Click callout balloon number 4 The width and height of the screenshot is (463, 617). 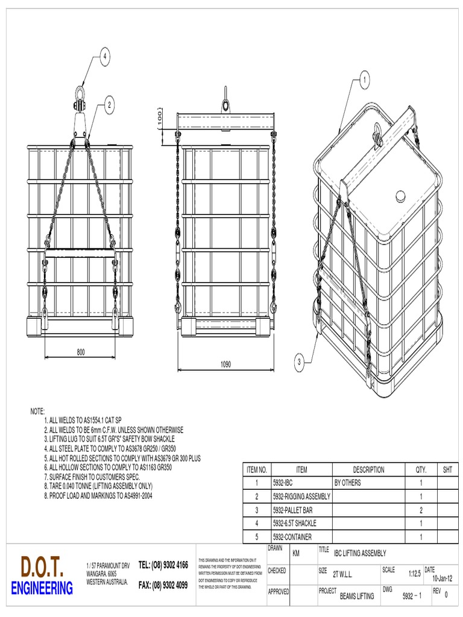[104, 57]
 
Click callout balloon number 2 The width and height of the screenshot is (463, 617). [109, 105]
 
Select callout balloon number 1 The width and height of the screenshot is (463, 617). [364, 78]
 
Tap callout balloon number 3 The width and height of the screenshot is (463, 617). [299, 362]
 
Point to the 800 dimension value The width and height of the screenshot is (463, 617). [80, 351]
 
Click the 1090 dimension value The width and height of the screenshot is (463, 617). [225, 365]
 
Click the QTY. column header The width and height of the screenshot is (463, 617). [420, 469]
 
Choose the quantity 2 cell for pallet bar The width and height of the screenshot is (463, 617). [420, 510]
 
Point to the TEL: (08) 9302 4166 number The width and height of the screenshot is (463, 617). [163, 565]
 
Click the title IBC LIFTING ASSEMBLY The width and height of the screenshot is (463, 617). [360, 553]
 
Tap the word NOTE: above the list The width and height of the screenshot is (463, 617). [38, 411]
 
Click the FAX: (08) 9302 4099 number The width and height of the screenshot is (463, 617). [163, 585]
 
